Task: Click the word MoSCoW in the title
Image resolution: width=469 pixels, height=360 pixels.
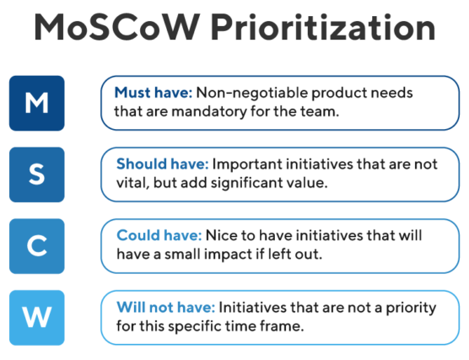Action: [117, 27]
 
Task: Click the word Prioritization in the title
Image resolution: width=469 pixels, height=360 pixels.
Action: [323, 27]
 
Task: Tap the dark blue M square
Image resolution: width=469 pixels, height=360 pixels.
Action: [37, 103]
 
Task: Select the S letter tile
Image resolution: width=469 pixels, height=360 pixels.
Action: [37, 175]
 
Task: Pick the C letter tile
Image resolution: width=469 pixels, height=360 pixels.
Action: [37, 246]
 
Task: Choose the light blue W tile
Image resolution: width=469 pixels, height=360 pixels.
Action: [37, 318]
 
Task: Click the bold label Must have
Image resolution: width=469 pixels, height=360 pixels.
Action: [154, 93]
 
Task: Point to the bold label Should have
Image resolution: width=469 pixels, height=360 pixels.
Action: [163, 164]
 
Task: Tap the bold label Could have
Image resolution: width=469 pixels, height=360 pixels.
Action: [159, 235]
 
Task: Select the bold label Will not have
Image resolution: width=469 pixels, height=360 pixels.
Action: [165, 308]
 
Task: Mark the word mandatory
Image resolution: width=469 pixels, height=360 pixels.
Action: [209, 112]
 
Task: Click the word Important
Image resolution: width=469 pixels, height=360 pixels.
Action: [247, 165]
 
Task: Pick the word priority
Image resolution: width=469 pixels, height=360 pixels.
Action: [411, 309]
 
